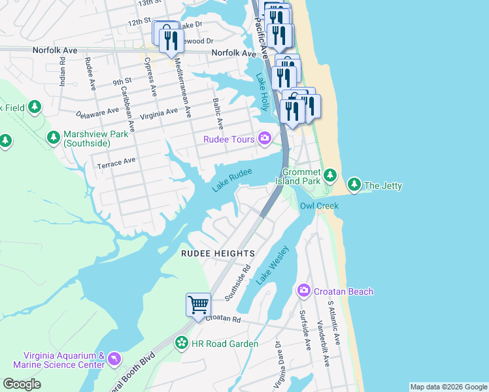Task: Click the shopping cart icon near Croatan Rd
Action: (x=198, y=304)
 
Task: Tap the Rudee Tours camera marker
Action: (x=264, y=138)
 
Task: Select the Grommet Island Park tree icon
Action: (x=330, y=175)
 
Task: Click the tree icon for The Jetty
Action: (x=354, y=185)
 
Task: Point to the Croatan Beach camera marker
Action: (x=303, y=290)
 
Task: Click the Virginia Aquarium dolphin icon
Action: (x=115, y=359)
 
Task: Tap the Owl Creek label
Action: (x=319, y=206)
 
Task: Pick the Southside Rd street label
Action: (x=239, y=282)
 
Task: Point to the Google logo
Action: (x=22, y=384)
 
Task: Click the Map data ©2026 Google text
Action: (x=448, y=387)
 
